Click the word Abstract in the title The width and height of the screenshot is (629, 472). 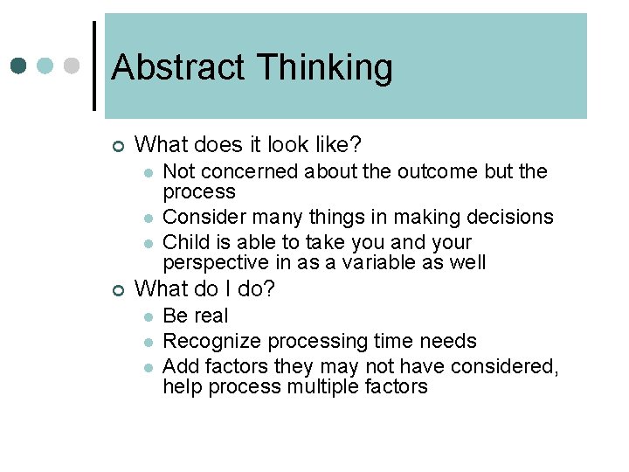[178, 67]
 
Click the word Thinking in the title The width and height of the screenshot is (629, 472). [325, 67]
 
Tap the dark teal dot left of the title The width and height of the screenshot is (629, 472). [19, 66]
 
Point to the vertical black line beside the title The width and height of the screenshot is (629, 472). [93, 66]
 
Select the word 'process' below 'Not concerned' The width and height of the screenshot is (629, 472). [199, 191]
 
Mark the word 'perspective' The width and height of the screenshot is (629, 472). [214, 262]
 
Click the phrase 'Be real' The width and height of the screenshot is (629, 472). [196, 316]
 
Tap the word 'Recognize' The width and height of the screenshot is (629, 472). [212, 341]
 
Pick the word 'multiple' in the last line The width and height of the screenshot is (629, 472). [323, 386]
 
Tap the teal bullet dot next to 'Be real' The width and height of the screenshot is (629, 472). [150, 316]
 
